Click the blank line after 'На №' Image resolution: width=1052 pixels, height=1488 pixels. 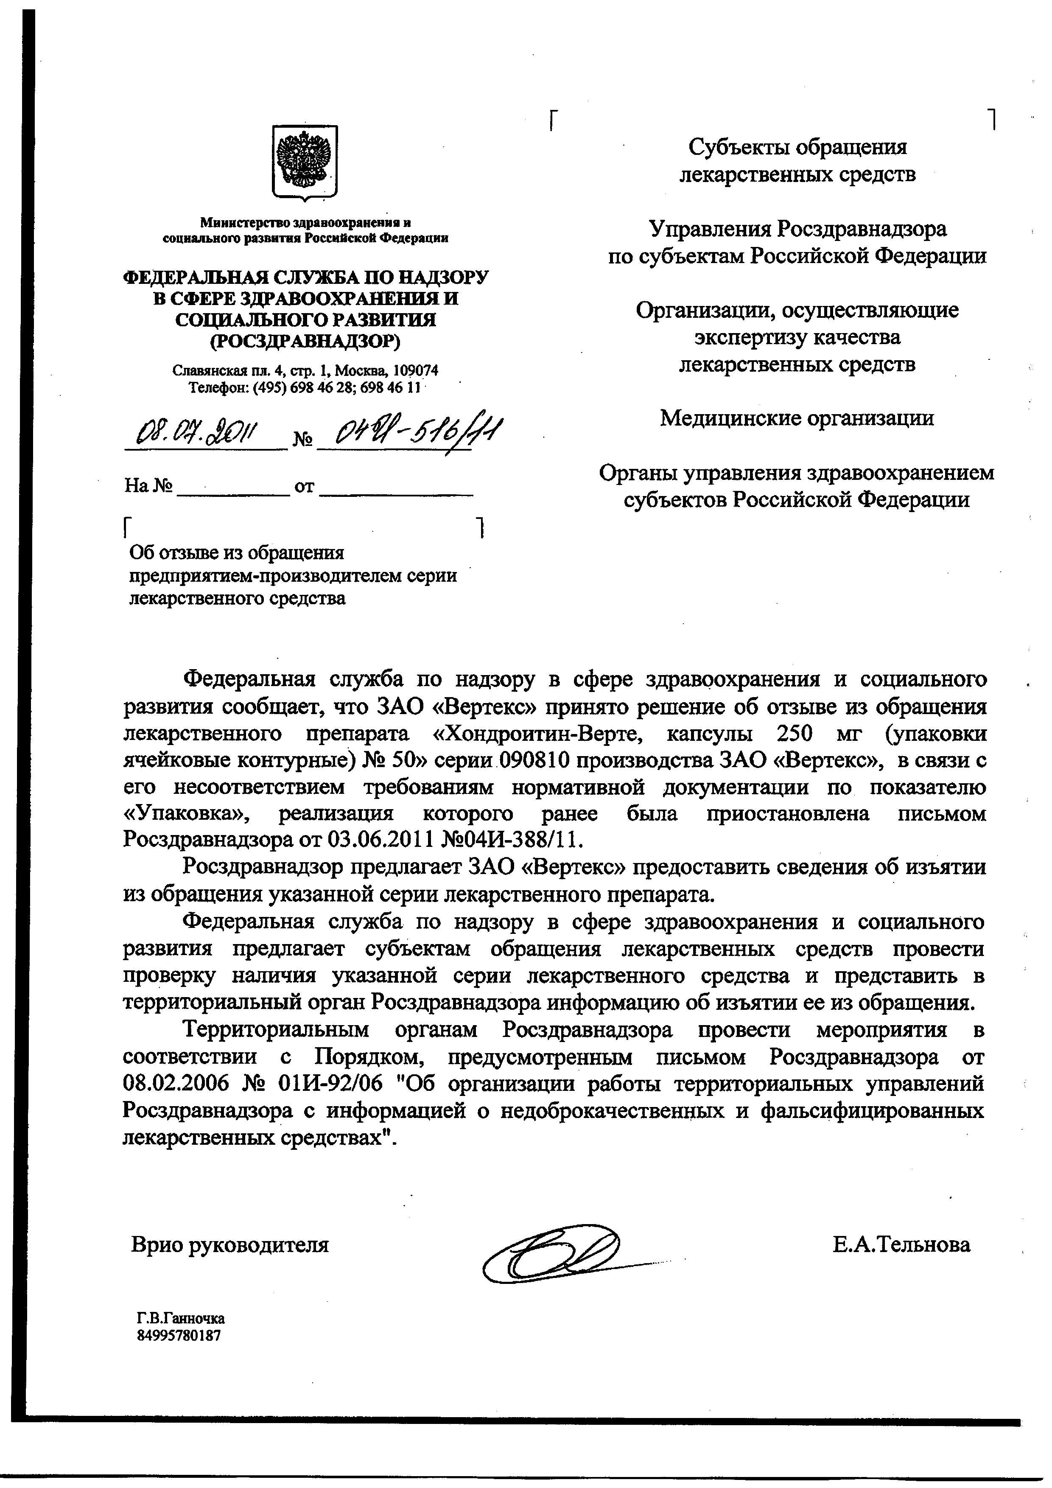pos(233,488)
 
